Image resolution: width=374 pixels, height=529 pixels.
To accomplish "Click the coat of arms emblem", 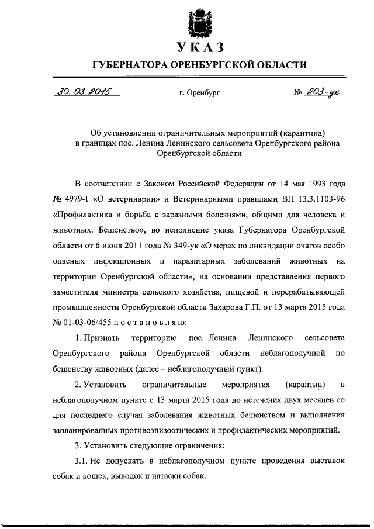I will click(x=197, y=22).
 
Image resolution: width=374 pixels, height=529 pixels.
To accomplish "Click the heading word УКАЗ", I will click(x=196, y=47).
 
